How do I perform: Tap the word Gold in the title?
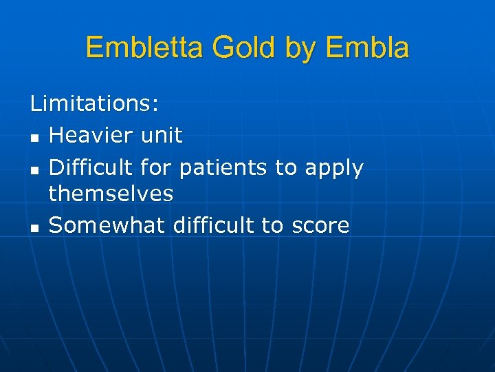pyautogui.click(x=242, y=48)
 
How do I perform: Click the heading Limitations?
pyautogui.click(x=95, y=104)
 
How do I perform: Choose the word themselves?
pyautogui.click(x=111, y=194)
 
